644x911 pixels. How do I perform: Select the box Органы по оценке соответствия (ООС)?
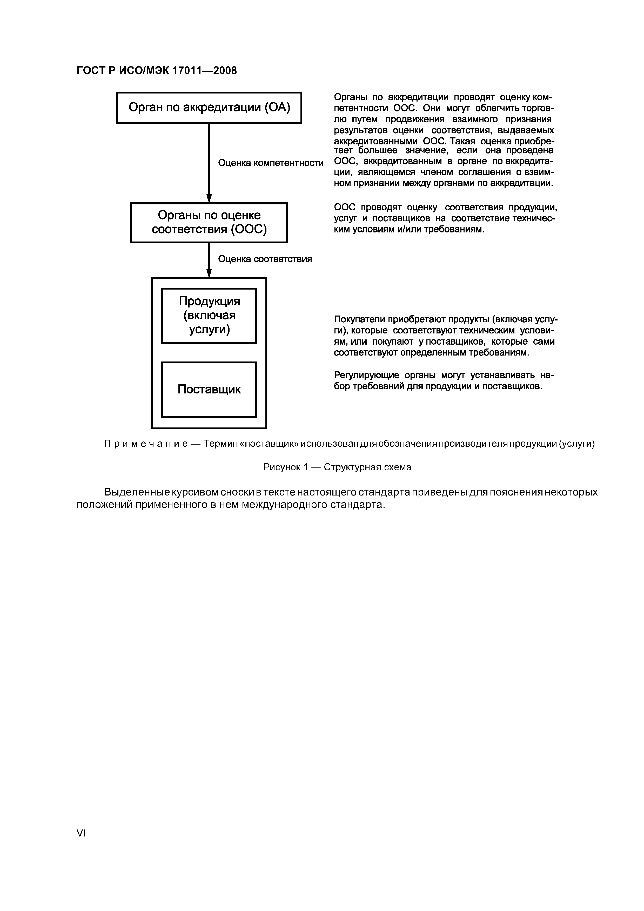click(209, 222)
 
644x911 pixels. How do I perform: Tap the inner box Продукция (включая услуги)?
click(209, 316)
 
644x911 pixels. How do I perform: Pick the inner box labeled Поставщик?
click(209, 389)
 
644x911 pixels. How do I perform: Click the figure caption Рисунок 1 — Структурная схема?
click(337, 467)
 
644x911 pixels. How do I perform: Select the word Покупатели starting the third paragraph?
click(359, 319)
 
